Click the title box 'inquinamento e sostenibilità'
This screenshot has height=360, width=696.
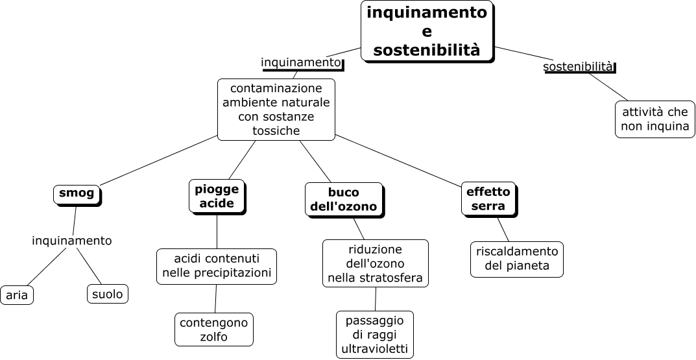426,31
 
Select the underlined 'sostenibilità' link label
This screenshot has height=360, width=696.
578,66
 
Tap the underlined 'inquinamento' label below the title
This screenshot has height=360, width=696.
300,62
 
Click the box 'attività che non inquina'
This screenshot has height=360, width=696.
654,119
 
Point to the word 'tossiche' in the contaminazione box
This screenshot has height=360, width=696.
276,130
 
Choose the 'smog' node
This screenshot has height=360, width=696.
77,193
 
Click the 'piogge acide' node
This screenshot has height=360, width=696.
217,196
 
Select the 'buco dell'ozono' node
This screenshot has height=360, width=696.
343,199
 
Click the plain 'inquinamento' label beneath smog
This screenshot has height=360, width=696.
71,241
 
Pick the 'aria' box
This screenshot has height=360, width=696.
17,295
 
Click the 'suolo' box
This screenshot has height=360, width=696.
107,294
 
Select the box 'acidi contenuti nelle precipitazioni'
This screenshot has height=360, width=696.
217,265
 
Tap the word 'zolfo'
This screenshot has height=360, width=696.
213,337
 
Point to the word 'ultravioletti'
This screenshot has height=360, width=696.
375,349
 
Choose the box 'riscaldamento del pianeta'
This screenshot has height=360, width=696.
517,258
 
